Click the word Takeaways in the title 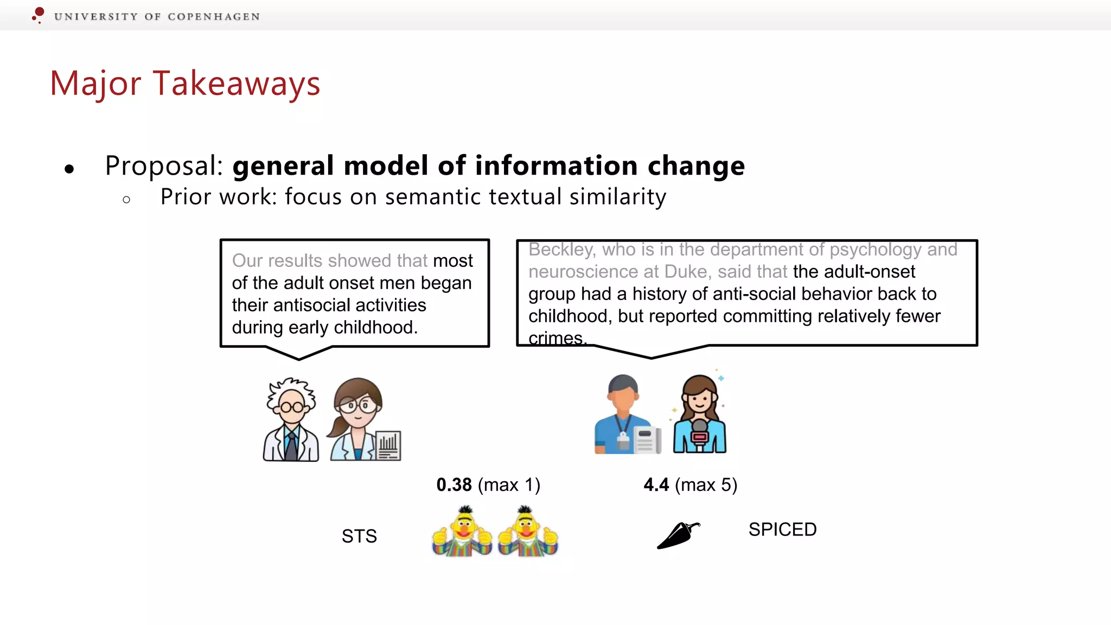[x=237, y=84]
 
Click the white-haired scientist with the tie [x=291, y=419]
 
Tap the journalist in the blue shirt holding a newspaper [x=624, y=415]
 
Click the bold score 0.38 [x=454, y=484]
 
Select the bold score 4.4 [x=656, y=484]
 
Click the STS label [x=359, y=536]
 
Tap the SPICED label [x=782, y=530]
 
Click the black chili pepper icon [x=678, y=535]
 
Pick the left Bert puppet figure [x=463, y=532]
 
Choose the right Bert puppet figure [x=527, y=532]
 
